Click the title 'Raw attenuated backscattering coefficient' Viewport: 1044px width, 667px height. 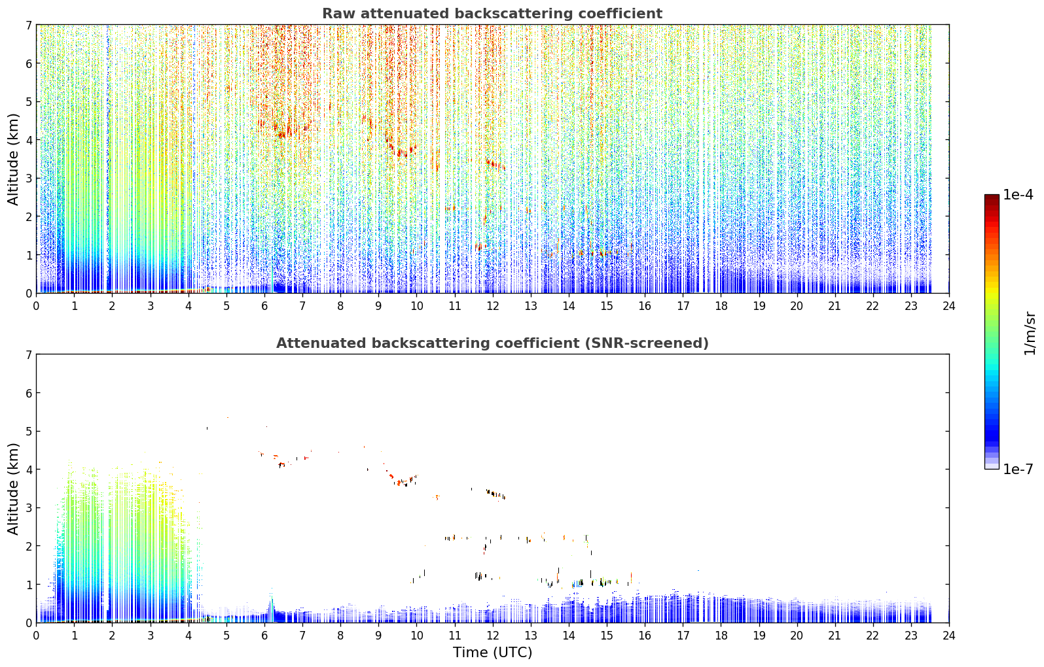tap(492, 14)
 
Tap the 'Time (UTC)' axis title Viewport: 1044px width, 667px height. tap(492, 653)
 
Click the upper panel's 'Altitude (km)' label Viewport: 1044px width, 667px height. tap(13, 160)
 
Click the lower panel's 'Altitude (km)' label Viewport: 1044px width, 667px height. tap(13, 488)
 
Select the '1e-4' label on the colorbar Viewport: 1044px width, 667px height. tap(1018, 195)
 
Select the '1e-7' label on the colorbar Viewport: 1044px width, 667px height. tap(1018, 470)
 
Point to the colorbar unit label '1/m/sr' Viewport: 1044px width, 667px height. tap(1029, 333)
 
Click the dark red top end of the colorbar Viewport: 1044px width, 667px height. tap(992, 197)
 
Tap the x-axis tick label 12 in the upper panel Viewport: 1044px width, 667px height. tap(493, 306)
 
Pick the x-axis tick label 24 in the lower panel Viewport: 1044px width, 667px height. tap(949, 636)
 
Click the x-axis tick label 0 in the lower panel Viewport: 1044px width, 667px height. tap(37, 636)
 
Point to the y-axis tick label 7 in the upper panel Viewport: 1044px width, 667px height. tap(28, 25)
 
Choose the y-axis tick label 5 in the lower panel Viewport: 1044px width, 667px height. tap(28, 432)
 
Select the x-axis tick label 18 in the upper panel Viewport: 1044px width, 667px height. tap(721, 306)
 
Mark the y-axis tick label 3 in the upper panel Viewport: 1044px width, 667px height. tap(28, 179)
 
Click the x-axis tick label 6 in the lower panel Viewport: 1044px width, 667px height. tap(264, 636)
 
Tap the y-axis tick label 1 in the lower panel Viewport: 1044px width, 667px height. tap(28, 585)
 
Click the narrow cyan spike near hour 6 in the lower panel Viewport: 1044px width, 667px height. tap(272, 603)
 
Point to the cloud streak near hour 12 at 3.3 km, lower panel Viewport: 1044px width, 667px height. tap(495, 494)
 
